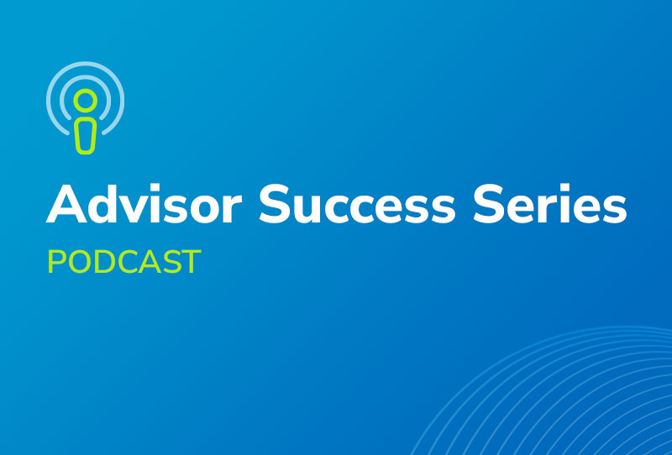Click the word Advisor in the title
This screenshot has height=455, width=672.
point(144,203)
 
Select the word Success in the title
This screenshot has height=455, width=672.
point(357,204)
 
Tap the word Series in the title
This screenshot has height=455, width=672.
point(550,203)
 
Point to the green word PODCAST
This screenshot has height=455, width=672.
point(123,261)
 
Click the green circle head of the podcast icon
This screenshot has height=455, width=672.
point(86,101)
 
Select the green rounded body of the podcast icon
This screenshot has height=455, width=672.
point(86,136)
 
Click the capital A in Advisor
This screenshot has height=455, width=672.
point(66,204)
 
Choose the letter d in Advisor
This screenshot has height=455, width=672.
point(103,204)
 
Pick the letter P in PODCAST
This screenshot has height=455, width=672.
point(56,262)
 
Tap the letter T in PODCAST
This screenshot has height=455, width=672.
point(192,262)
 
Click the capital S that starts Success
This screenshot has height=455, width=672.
point(272,204)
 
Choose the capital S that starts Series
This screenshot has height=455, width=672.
point(487,204)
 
